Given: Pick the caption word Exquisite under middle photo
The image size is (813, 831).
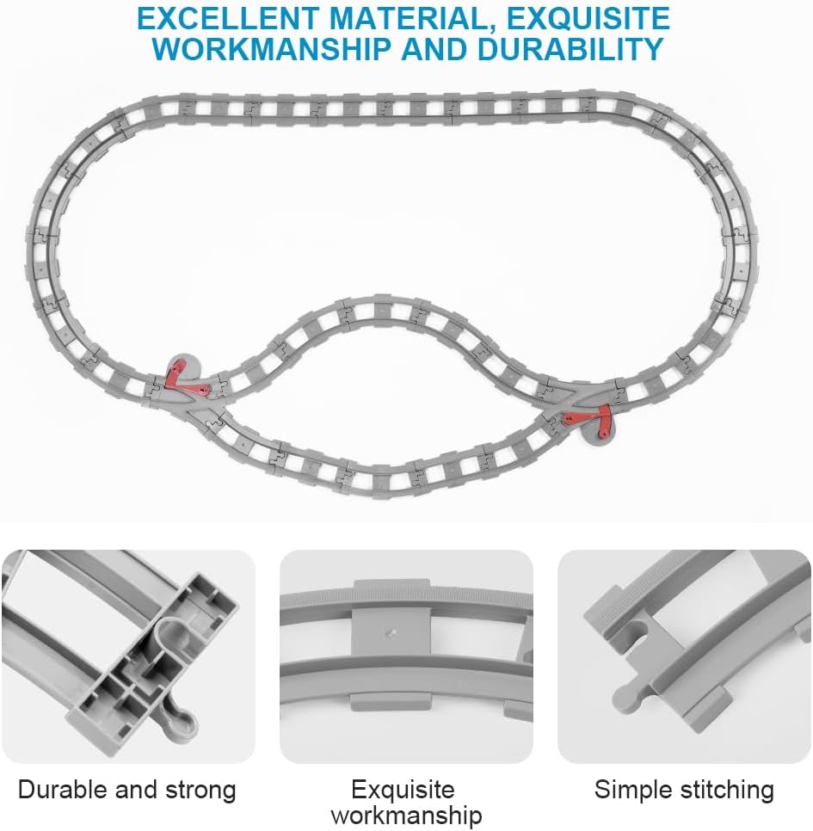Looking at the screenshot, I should pos(403,790).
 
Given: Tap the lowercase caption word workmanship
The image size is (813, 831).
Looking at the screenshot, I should pos(406,815).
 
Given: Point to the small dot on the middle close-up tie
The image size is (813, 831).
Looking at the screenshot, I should pos(391,633).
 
